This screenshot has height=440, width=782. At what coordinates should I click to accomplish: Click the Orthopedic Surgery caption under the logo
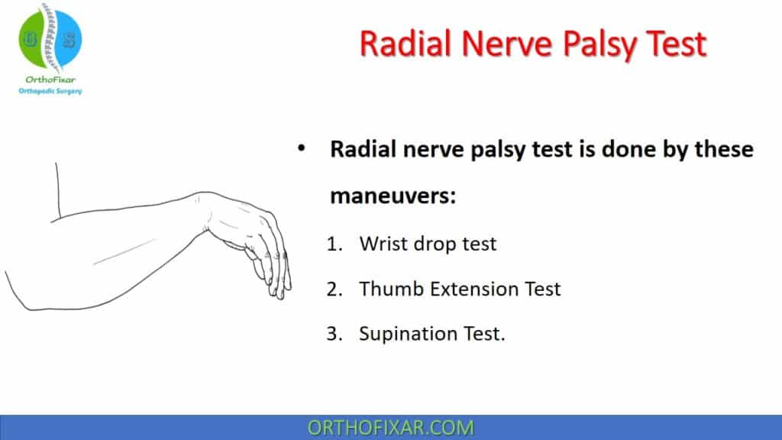tap(50, 92)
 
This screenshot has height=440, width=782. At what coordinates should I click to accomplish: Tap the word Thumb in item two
tap(388, 289)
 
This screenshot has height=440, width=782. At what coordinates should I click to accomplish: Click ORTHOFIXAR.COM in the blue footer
tap(390, 427)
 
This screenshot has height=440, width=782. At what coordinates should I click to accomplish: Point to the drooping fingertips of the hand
tap(279, 290)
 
